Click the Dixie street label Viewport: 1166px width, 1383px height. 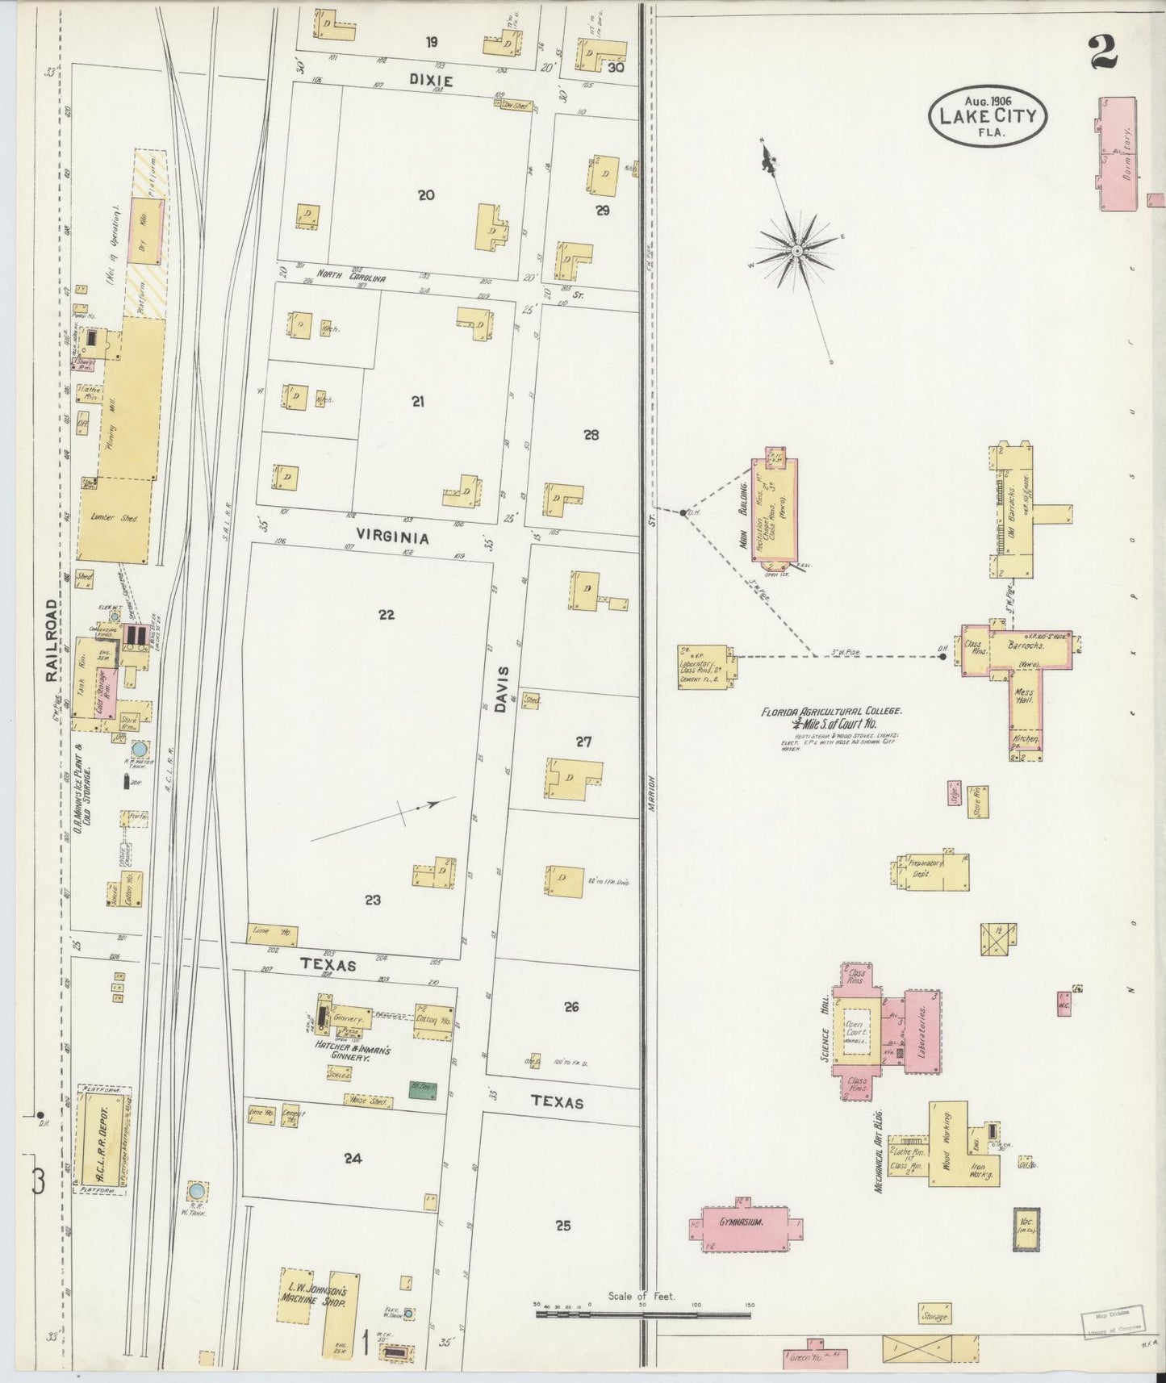click(x=431, y=81)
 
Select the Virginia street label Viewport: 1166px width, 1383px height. click(x=393, y=537)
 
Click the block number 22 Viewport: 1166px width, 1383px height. click(x=387, y=615)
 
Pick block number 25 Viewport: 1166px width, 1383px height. click(x=563, y=1226)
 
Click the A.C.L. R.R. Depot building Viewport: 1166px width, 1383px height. click(x=102, y=1138)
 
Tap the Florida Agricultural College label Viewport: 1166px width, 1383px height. click(x=830, y=717)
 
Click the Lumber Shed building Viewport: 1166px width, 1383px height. click(x=115, y=518)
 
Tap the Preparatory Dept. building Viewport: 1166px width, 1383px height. click(x=931, y=870)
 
